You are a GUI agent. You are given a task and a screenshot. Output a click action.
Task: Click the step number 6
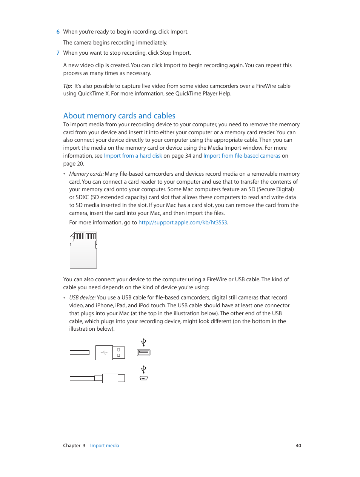(58, 32)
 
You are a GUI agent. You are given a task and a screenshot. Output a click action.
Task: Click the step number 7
(58, 53)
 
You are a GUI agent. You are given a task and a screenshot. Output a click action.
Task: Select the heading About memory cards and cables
(119, 116)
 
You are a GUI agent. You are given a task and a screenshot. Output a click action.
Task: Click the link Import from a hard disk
(133, 156)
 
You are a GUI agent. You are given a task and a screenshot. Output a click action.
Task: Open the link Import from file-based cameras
(242, 156)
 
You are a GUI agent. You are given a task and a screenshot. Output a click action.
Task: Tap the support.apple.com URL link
(183, 222)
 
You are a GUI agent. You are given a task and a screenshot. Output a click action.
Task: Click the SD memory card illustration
(83, 250)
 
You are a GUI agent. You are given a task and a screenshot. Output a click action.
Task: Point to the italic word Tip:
(68, 86)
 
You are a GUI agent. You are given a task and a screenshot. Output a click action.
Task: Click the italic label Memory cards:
(86, 174)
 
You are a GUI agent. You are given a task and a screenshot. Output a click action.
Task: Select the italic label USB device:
(82, 298)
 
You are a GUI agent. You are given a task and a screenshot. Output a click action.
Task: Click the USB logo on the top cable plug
(104, 353)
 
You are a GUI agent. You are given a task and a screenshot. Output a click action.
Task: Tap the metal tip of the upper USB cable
(118, 353)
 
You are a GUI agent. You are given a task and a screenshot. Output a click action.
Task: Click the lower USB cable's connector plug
(110, 378)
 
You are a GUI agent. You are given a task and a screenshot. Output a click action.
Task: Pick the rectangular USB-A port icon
(143, 353)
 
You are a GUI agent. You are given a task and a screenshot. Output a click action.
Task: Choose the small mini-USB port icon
(143, 378)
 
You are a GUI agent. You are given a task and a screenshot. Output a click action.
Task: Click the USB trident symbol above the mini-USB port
(143, 369)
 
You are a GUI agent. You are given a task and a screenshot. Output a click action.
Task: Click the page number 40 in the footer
(298, 446)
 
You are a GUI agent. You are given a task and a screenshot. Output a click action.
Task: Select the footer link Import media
(105, 446)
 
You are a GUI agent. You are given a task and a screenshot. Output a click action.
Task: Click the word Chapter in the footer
(72, 446)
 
